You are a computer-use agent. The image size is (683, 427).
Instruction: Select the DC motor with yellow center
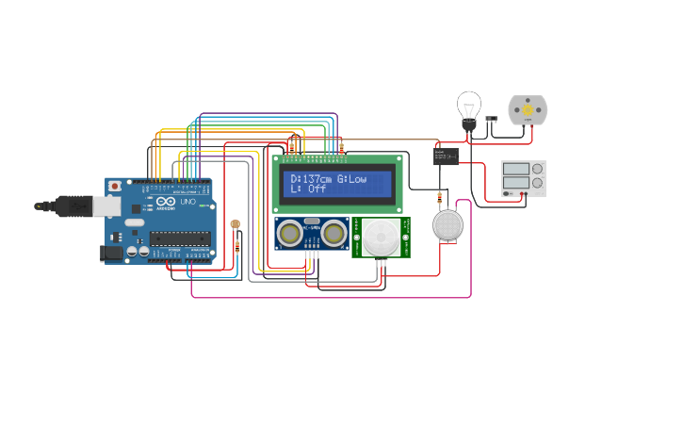click(528, 109)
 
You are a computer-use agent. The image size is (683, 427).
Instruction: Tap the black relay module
click(446, 156)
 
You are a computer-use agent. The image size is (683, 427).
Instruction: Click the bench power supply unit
click(523, 179)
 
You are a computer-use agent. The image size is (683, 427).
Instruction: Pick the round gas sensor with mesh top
click(448, 225)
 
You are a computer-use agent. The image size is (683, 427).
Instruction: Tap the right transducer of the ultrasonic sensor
click(334, 231)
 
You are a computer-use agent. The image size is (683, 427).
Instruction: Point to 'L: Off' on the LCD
click(307, 189)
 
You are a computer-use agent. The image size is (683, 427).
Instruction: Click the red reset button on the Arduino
click(115, 188)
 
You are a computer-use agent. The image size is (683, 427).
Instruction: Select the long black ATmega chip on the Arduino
click(179, 238)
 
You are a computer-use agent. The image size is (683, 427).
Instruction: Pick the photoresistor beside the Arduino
click(235, 225)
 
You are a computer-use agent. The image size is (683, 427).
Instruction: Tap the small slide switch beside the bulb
click(491, 120)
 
